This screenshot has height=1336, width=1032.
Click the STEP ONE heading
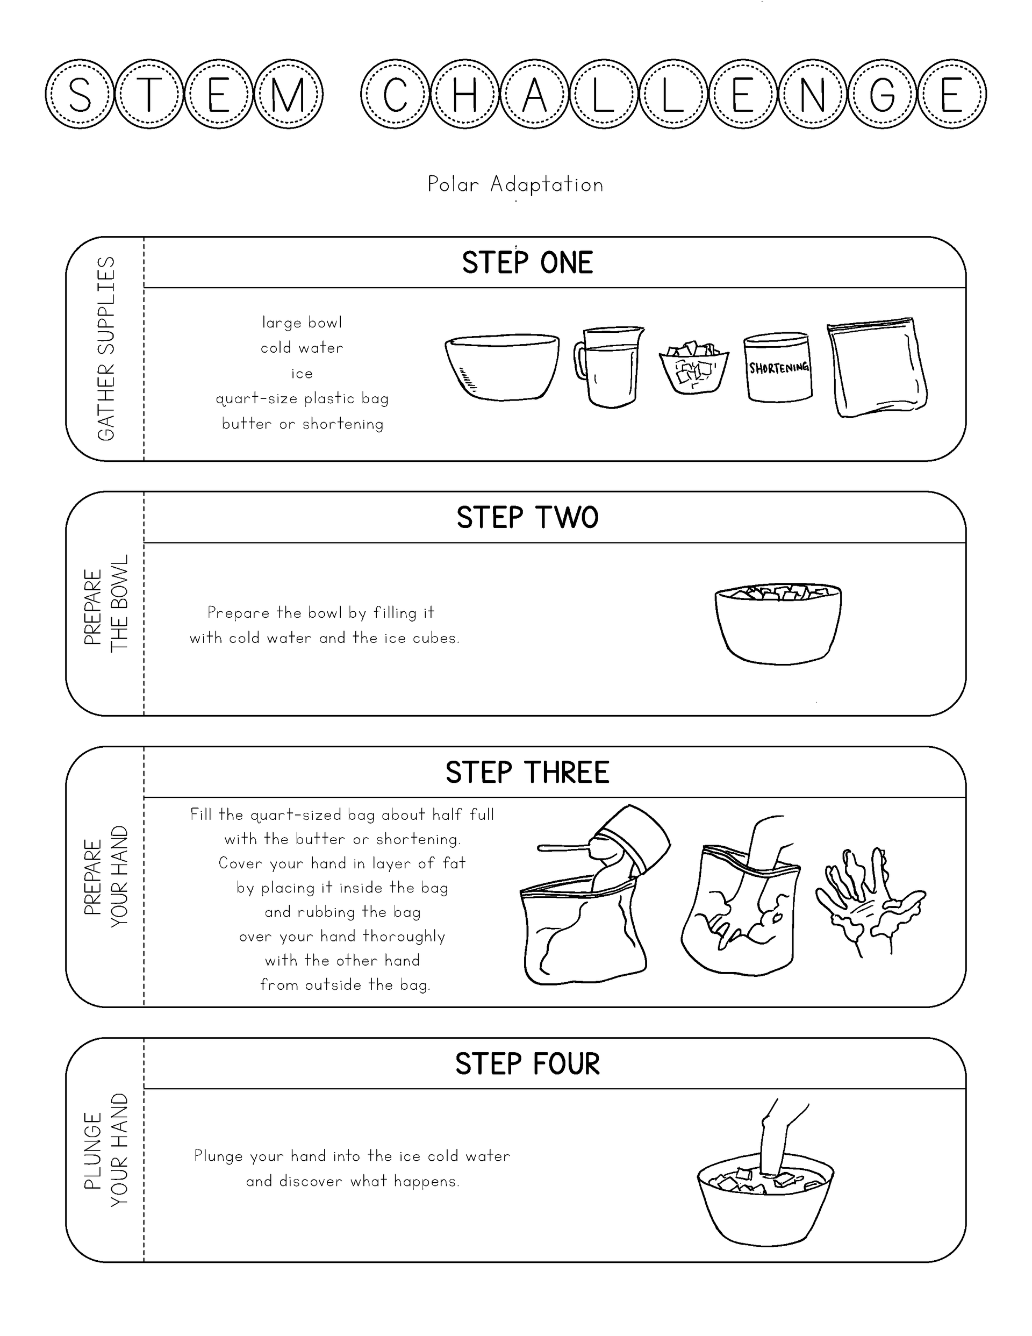pyautogui.click(x=527, y=262)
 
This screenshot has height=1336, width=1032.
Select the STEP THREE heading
pyautogui.click(x=527, y=772)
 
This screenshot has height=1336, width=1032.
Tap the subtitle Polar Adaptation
pyautogui.click(x=515, y=184)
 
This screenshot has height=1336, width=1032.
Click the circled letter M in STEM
pyautogui.click(x=288, y=94)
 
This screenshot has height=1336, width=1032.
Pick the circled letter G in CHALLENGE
pyautogui.click(x=882, y=94)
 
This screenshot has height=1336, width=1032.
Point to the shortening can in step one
pyautogui.click(x=778, y=367)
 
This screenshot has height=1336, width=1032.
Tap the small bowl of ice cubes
pyautogui.click(x=694, y=369)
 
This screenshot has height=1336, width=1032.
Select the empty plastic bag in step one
pyautogui.click(x=877, y=367)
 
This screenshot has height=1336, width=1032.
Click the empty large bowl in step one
pyautogui.click(x=501, y=367)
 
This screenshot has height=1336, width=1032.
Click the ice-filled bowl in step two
pyautogui.click(x=778, y=623)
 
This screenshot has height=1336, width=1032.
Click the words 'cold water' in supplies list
pyautogui.click(x=302, y=347)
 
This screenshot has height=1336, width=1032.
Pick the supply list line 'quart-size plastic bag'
pyautogui.click(x=302, y=399)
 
